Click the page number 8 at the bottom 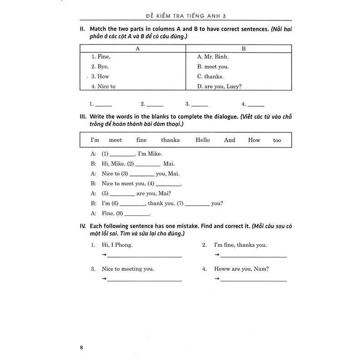pos(81,335)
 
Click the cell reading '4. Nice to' pos(103,86)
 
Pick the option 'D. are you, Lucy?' pos(219,86)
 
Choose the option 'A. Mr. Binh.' pos(213,57)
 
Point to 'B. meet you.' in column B pos(213,67)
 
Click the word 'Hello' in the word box pos(202,140)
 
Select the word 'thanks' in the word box pos(170,140)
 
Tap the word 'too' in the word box pos(277,140)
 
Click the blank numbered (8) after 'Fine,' pos(137,215)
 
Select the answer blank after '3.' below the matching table pos(200,105)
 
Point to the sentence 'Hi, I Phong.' pos(117,245)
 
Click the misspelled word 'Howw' pos(222,269)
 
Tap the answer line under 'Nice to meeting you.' pos(145,280)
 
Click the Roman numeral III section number pos(83,116)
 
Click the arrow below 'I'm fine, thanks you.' pos(217,256)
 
